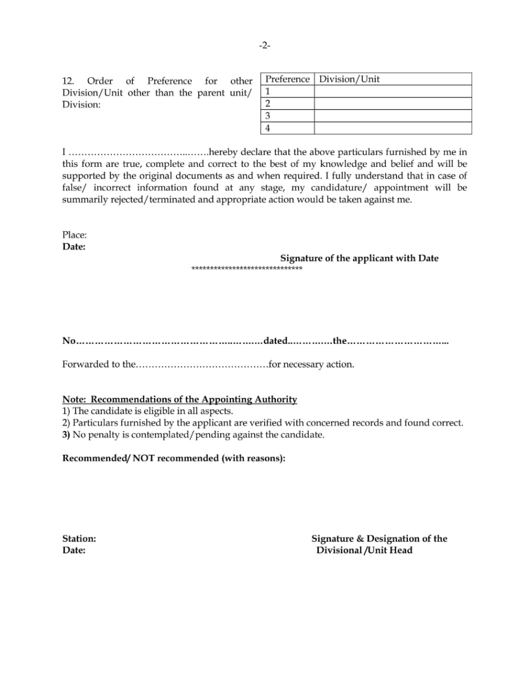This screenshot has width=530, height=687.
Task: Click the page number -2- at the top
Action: [x=265, y=46]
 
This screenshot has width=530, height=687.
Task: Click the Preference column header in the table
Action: [x=287, y=79]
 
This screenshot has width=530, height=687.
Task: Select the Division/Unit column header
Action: [x=349, y=79]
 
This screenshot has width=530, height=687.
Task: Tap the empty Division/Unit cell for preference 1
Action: [x=393, y=91]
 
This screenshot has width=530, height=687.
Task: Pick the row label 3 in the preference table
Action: [x=268, y=116]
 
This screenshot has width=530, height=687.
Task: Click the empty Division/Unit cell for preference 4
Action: [x=393, y=128]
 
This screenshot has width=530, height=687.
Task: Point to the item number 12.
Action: [x=68, y=81]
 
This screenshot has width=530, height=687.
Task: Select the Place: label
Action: [x=74, y=235]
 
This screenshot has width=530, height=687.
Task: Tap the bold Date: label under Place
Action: [x=74, y=247]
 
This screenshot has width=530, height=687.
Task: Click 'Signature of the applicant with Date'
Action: [x=359, y=258]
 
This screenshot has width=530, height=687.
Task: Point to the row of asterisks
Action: [x=247, y=269]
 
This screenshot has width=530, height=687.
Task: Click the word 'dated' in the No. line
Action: [x=275, y=341]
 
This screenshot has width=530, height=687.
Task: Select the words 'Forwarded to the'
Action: [x=99, y=365]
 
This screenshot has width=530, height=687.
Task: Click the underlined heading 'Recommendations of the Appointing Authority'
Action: [x=194, y=400]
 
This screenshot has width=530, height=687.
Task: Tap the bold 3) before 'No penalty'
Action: [x=66, y=435]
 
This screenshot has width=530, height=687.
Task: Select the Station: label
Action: [x=79, y=539]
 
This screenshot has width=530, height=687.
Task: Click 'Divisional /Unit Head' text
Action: [x=364, y=551]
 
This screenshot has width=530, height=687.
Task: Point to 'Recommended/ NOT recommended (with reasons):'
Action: [x=173, y=458]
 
